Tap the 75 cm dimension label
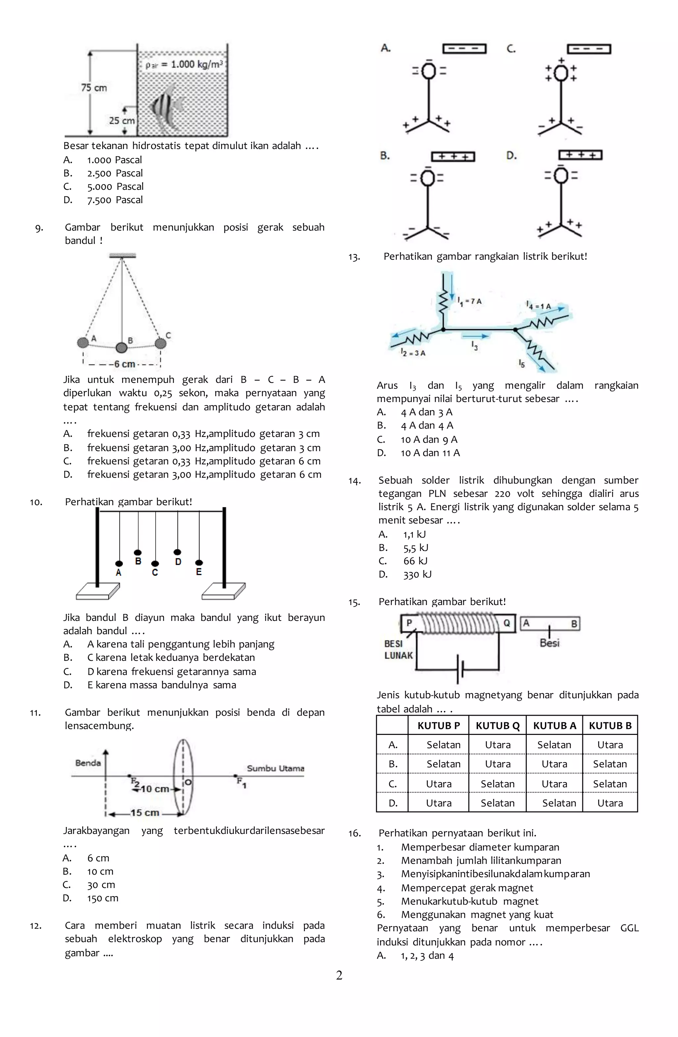point(94,87)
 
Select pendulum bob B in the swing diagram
point(121,347)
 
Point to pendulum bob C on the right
point(160,343)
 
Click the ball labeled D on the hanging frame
point(177,552)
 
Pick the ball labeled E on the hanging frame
point(199,563)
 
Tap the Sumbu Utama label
point(275,768)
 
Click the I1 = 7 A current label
point(469,301)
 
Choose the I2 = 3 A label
point(413,353)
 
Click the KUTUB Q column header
point(497,726)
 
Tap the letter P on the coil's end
point(409,623)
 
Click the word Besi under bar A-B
point(550,643)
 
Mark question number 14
point(355,481)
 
